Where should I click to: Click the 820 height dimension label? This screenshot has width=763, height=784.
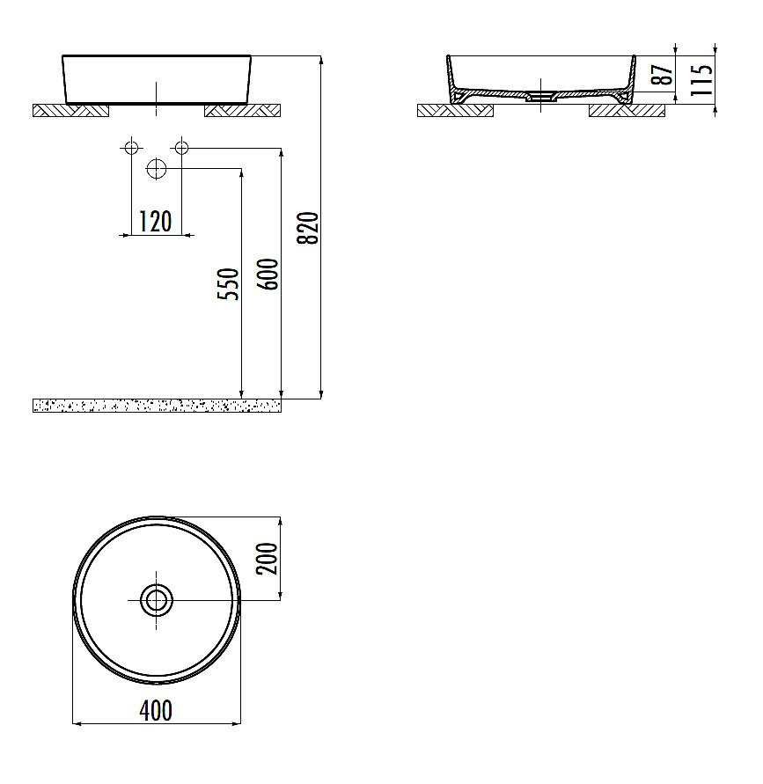pyautogui.click(x=307, y=228)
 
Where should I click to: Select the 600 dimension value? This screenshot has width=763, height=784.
pyautogui.click(x=269, y=275)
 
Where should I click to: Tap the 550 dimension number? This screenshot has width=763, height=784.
pyautogui.click(x=229, y=283)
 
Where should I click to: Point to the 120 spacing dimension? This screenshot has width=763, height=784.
pyautogui.click(x=156, y=222)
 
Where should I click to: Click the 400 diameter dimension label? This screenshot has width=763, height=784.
pyautogui.click(x=156, y=709)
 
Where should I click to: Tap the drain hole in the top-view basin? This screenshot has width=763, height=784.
pyautogui.click(x=157, y=600)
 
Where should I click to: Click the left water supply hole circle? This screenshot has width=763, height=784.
pyautogui.click(x=131, y=147)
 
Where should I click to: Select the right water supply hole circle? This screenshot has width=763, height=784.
pyautogui.click(x=181, y=147)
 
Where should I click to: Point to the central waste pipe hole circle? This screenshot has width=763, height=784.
pyautogui.click(x=157, y=168)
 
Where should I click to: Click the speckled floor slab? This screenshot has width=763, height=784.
pyautogui.click(x=157, y=405)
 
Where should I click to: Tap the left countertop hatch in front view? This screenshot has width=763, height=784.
pyautogui.click(x=70, y=110)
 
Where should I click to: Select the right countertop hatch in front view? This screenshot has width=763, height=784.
pyautogui.click(x=242, y=110)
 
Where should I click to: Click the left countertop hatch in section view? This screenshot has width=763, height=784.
pyautogui.click(x=455, y=110)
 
